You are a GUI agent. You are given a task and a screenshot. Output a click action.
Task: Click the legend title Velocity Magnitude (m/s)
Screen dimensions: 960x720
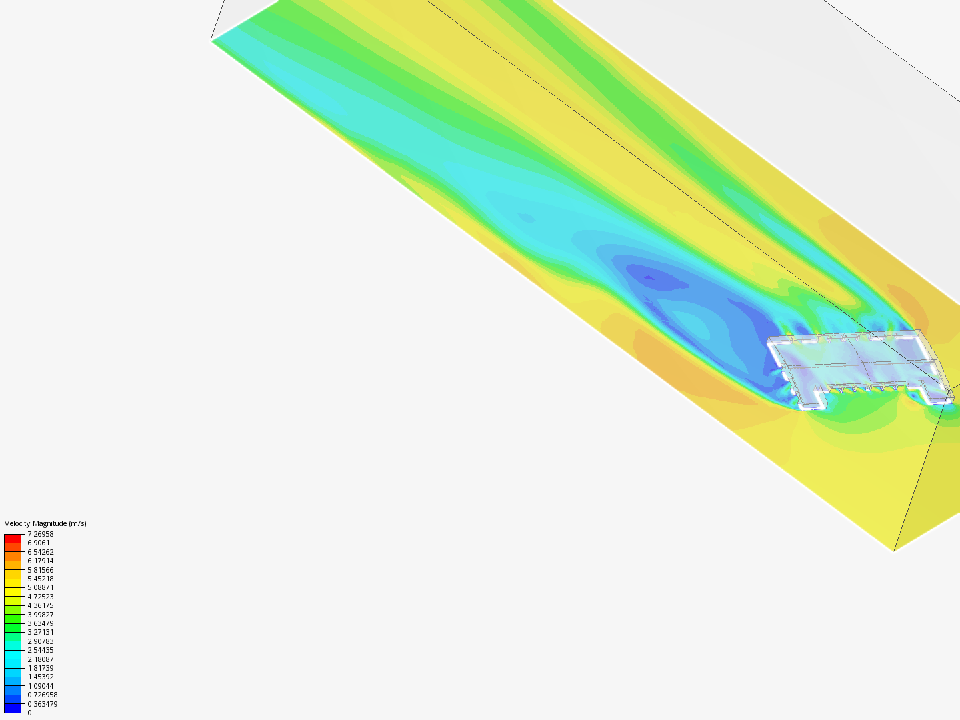tap(45, 523)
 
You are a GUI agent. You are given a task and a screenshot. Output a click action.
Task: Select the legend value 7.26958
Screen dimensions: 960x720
tap(40, 534)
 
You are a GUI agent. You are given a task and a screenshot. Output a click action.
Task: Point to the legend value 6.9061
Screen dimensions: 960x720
tap(39, 543)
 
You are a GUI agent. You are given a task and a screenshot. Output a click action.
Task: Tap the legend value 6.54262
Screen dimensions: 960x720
tap(40, 552)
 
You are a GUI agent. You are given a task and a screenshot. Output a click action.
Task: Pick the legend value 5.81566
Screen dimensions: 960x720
tap(40, 570)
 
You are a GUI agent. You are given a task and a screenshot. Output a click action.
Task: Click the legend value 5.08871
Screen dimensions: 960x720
tap(40, 587)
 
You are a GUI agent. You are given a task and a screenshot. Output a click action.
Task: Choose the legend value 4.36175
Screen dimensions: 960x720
tap(40, 605)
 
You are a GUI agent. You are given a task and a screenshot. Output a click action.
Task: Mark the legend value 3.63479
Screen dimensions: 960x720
tap(40, 623)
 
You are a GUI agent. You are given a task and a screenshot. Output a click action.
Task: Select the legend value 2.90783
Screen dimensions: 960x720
tap(40, 641)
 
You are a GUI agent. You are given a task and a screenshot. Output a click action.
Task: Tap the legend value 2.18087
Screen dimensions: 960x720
tap(40, 659)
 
